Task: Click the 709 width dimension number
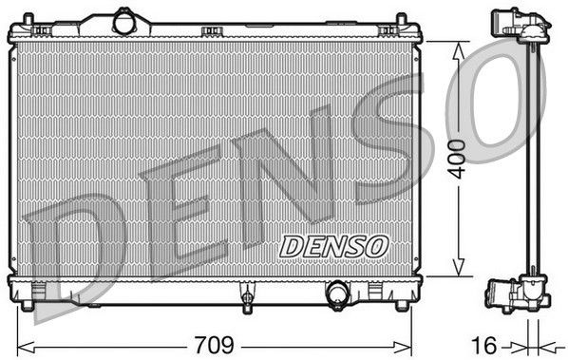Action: click(215, 345)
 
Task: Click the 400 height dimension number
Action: click(457, 160)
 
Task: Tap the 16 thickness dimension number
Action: click(484, 345)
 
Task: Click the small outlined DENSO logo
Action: click(333, 247)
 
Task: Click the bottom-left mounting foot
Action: click(28, 305)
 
